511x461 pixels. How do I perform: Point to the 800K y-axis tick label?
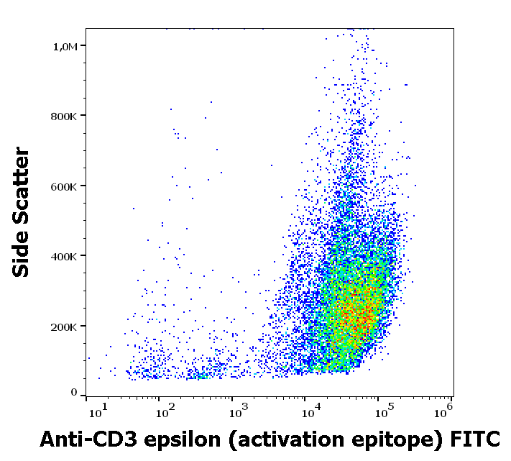click(63, 116)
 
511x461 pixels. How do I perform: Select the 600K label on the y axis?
click(63, 186)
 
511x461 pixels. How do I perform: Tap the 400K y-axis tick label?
click(63, 256)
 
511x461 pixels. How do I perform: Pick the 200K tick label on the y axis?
click(63, 327)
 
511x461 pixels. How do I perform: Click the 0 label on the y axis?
click(73, 392)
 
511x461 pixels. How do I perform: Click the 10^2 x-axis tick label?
click(166, 411)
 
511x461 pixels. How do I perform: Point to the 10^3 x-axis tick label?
click(239, 411)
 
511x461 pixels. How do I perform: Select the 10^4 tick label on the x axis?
click(312, 411)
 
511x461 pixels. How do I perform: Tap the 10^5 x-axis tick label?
click(385, 411)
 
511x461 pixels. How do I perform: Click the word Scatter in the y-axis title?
click(22, 183)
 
